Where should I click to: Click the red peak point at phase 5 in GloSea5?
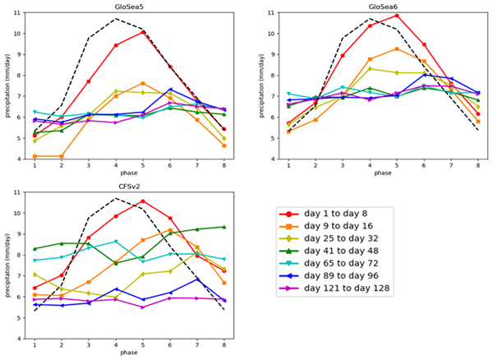143,32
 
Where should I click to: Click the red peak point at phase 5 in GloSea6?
397,16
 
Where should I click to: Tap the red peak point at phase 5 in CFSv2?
143,201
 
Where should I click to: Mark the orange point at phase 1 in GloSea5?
35,156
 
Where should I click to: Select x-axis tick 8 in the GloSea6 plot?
477,166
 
